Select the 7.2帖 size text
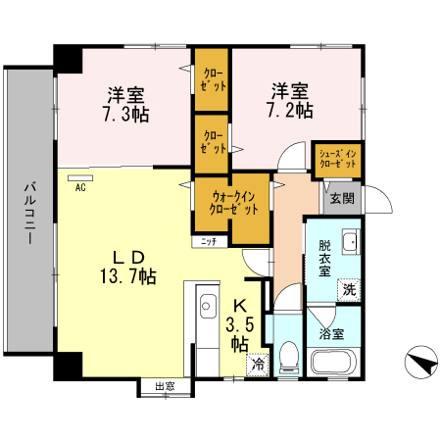pos(292,111)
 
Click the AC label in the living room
pos(80,186)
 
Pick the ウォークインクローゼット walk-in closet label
pos(232,202)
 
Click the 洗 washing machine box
pos(349,289)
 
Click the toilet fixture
pos(289,359)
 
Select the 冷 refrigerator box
pos(257,363)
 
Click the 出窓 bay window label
pos(165,386)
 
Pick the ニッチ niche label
pos(209,240)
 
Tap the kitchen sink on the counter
pos(205,305)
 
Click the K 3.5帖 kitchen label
pos(240,324)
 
